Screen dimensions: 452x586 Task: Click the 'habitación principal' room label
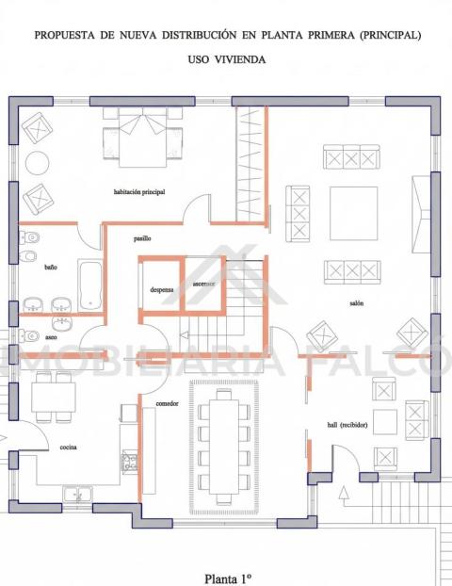[x=139, y=192]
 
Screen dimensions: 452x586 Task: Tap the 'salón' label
[x=356, y=303]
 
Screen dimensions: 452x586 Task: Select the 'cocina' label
[x=69, y=447]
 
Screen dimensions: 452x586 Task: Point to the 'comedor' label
[x=167, y=403]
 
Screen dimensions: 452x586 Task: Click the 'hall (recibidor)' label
[x=347, y=425]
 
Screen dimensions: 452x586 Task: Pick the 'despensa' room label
[x=162, y=289]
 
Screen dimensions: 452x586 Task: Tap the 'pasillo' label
[x=142, y=238]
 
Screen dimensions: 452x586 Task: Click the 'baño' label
[x=51, y=268]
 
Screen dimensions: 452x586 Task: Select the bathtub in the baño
[x=89, y=285]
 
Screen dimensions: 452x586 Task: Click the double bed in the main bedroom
[x=143, y=138]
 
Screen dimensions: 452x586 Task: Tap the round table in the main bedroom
[x=37, y=163]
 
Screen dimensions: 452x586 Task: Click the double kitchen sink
[x=78, y=494]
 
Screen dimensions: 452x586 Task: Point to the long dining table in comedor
[x=224, y=447]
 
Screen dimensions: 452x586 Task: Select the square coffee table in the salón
[x=353, y=214]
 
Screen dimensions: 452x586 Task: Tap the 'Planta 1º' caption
[x=227, y=578]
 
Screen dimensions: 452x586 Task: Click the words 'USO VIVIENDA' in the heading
[x=227, y=59]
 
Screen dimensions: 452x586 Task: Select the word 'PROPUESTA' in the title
[x=65, y=35]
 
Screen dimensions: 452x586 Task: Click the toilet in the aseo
[x=29, y=335]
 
